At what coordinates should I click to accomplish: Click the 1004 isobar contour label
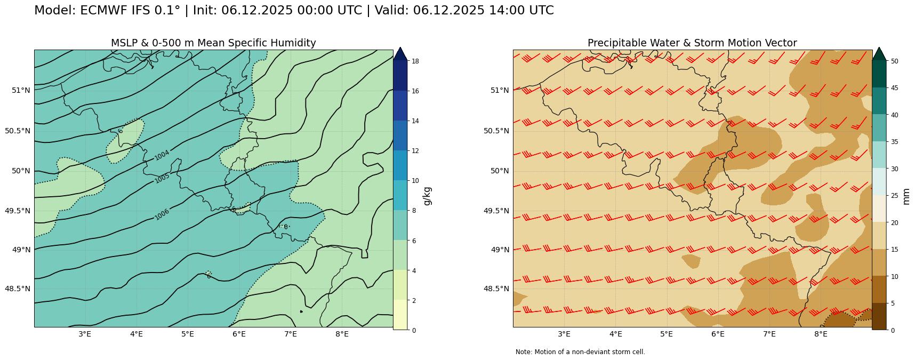162,155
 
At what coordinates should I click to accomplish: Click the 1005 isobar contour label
162,178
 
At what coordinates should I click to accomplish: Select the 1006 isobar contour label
162,214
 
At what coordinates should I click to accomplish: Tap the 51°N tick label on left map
21,90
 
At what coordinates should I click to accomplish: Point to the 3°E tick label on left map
85,334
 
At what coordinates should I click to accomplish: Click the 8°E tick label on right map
821,334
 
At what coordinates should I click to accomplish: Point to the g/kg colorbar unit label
427,196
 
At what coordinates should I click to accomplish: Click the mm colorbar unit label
906,196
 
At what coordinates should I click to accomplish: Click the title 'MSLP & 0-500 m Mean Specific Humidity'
213,43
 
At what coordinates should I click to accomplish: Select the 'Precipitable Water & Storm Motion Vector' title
692,43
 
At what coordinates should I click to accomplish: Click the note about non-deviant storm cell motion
580,352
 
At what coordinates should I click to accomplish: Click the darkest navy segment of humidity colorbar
400,76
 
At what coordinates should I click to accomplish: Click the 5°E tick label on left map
188,334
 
